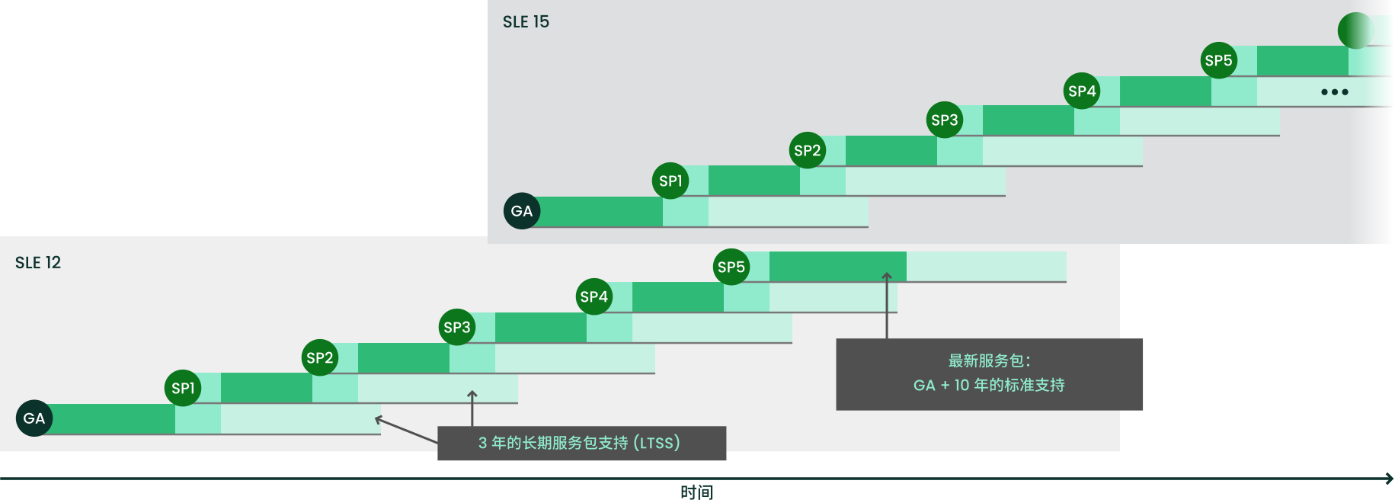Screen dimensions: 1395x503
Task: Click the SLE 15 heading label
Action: [526, 21]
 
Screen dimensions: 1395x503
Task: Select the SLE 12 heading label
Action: [38, 262]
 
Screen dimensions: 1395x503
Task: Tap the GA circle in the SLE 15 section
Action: [522, 211]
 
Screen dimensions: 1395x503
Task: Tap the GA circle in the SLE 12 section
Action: [34, 418]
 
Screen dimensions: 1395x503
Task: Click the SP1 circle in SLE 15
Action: [670, 181]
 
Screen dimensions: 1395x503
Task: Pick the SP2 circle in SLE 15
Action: [808, 150]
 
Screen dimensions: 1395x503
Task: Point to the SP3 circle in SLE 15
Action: [945, 120]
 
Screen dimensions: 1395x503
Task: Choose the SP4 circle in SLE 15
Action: [1082, 91]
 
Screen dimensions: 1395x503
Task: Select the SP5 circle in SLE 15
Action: [1219, 60]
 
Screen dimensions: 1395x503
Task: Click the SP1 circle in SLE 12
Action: [183, 388]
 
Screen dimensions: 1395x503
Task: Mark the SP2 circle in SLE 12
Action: [320, 357]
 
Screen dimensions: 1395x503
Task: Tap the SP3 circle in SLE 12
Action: [457, 327]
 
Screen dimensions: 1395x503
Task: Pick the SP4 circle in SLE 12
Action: [594, 296]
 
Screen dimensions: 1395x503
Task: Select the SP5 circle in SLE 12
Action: [731, 267]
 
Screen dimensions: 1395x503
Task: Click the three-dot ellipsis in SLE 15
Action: [1335, 92]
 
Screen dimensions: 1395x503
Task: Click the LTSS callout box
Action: [582, 443]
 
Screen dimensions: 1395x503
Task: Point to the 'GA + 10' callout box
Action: [989, 374]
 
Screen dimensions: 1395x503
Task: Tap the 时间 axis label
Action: [697, 492]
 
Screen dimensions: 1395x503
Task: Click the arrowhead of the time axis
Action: [1390, 479]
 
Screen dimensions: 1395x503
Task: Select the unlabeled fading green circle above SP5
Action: [1355, 30]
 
